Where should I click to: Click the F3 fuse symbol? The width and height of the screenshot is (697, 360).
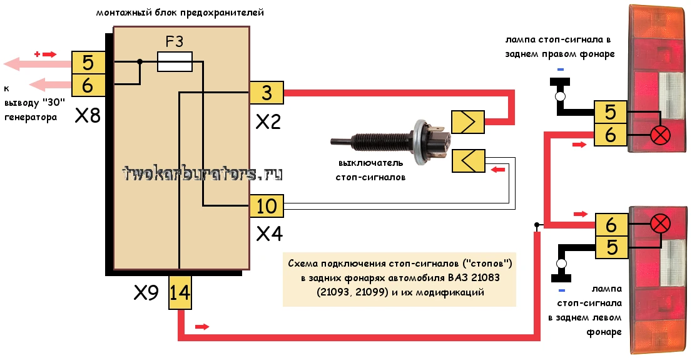pos(175,61)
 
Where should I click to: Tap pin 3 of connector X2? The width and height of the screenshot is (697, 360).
pos(267,93)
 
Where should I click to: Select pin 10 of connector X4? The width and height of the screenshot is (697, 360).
pos(267,206)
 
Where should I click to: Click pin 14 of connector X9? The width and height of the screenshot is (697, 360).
pos(180,292)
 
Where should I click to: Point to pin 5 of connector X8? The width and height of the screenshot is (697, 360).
pos(88,63)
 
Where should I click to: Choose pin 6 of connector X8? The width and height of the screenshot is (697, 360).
pos(88,85)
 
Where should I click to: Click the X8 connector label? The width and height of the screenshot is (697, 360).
pos(88,116)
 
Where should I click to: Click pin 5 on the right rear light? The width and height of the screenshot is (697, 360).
pos(610,111)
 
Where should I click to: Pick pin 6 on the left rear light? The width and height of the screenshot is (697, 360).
pos(612,225)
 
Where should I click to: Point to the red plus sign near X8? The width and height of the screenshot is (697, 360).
pos(37,54)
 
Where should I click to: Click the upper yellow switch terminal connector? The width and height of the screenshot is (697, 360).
pos(468,121)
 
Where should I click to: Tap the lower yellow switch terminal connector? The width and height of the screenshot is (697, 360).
pos(468,161)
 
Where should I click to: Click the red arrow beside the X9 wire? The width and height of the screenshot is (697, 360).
pos(202,327)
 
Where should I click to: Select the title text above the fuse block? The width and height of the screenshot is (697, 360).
pos(180,13)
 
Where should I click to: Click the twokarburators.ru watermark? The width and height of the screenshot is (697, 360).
pos(202,173)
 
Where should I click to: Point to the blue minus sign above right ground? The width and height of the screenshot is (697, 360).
pos(561,69)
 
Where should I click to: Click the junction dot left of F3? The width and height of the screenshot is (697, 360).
pos(140,62)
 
